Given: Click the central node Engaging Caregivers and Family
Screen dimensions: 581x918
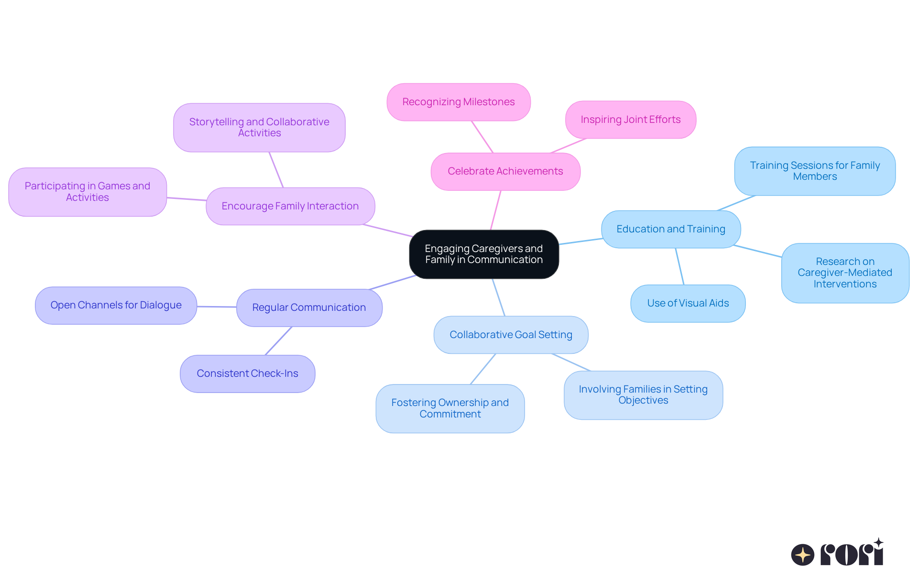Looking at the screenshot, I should point(484,254).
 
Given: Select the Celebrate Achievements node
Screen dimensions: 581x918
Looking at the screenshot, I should point(505,172).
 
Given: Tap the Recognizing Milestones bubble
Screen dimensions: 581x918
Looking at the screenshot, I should point(459,102).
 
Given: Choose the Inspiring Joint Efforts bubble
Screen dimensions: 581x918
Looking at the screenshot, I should point(631,120).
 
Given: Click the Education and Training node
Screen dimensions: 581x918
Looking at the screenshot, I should point(671,230).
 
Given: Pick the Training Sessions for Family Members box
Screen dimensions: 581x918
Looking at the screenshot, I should point(815,171).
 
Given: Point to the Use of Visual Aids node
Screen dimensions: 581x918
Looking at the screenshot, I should point(688,304).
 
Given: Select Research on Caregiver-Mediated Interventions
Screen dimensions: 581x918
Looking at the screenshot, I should point(845,273).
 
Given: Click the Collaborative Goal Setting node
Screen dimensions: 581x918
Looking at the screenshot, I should point(511,335).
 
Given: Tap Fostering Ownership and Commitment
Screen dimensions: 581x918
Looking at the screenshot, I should point(450,409).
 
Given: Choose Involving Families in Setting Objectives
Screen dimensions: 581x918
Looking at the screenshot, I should point(643,395).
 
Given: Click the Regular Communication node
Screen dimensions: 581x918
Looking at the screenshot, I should point(309,308).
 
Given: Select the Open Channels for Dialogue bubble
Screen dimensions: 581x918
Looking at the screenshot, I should point(116,306).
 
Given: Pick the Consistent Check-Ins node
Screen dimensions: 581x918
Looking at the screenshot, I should point(247,374).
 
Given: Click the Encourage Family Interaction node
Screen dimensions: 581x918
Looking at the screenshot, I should point(290,207).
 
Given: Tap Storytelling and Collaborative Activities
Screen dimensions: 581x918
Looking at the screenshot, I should point(259,128).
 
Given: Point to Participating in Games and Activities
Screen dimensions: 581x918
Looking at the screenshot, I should point(87,192).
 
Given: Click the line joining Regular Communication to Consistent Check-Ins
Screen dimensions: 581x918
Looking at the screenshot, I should point(278,341).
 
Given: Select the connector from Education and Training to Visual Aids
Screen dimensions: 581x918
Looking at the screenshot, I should point(679,266).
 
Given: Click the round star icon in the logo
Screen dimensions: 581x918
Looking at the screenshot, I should point(802,555).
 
